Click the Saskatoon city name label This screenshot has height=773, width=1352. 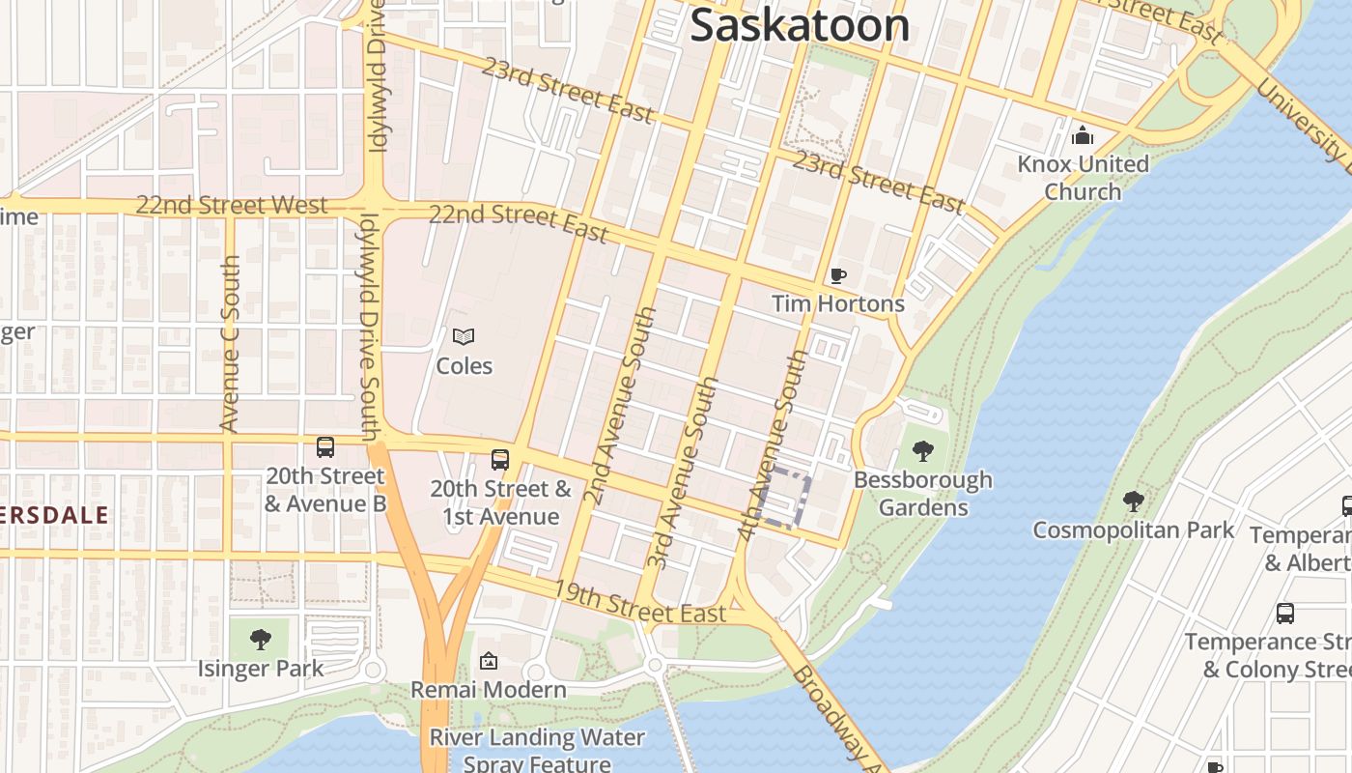800,26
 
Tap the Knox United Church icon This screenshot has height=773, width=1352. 1083,134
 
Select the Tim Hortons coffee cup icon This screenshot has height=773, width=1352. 838,276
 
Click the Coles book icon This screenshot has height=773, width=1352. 464,337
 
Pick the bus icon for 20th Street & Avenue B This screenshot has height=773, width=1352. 325,447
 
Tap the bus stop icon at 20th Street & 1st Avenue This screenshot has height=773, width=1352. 499,460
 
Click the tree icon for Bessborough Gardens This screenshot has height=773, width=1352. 922,450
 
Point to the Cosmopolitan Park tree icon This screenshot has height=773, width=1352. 1133,501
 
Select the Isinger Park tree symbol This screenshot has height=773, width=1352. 260,639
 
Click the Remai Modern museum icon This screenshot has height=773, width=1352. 488,662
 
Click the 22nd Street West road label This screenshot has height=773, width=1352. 232,205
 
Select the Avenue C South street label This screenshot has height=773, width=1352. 230,344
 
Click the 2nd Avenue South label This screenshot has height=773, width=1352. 621,406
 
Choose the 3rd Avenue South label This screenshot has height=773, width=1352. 684,472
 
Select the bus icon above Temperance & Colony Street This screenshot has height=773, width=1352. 1284,613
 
